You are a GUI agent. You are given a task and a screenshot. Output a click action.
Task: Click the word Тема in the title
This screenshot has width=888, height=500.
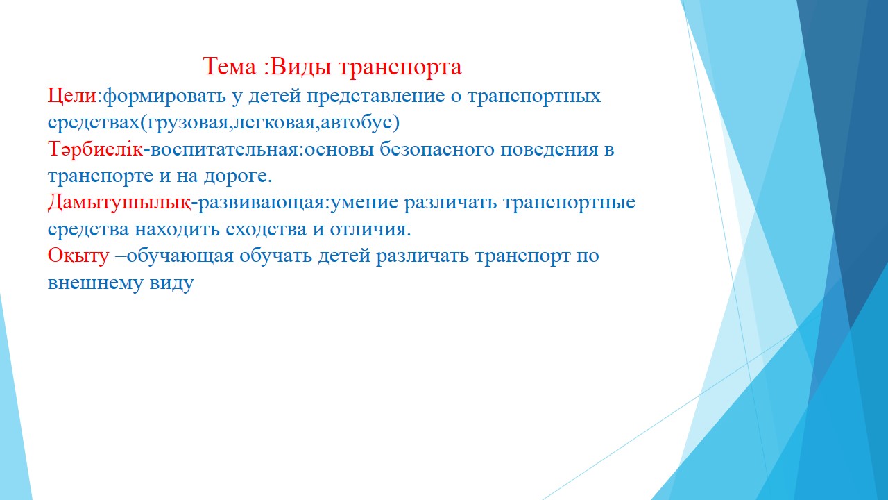click(230, 66)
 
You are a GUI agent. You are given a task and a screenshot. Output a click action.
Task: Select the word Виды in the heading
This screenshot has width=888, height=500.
click(301, 66)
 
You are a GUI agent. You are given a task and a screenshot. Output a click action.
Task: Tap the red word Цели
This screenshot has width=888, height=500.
click(72, 96)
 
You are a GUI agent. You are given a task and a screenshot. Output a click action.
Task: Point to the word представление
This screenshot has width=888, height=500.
click(376, 97)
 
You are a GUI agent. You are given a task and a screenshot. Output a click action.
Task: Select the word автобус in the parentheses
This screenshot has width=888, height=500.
click(357, 123)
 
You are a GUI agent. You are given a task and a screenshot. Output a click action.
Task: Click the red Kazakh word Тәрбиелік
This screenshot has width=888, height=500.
click(95, 149)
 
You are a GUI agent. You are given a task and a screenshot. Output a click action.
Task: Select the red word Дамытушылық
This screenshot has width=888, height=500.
click(119, 203)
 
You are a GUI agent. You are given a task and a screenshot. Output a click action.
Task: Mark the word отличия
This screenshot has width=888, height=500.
click(368, 230)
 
